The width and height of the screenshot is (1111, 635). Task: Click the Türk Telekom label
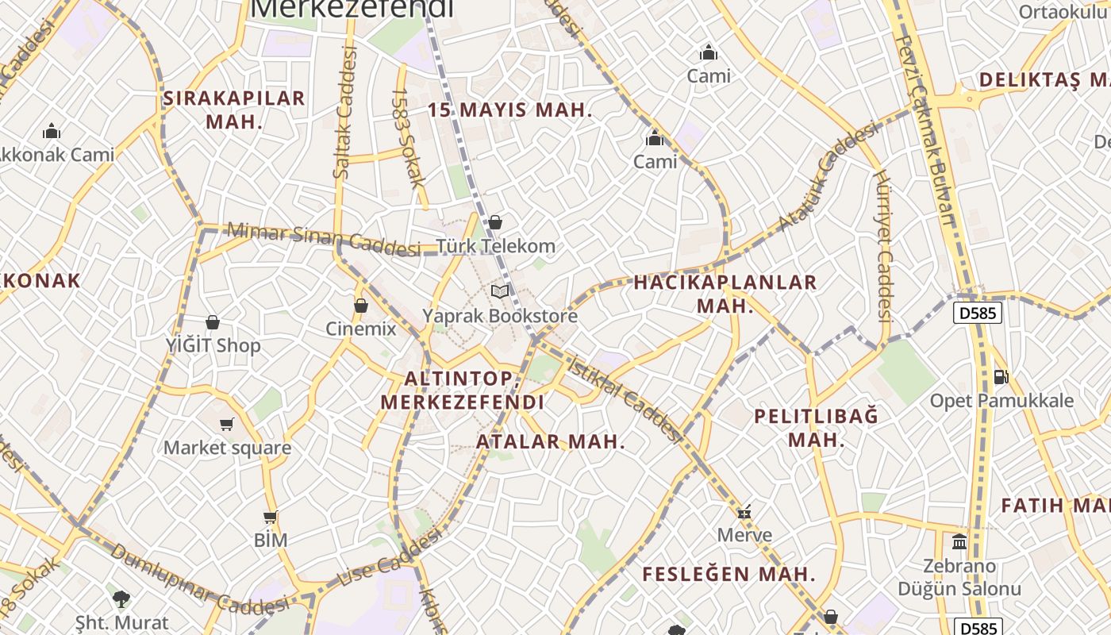pos(495,246)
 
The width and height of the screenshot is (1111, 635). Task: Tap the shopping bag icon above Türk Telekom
pos(495,223)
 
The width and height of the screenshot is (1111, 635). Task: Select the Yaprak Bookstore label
pos(500,316)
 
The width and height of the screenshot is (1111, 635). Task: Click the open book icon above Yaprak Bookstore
pos(500,292)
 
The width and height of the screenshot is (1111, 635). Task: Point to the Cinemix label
pos(360,329)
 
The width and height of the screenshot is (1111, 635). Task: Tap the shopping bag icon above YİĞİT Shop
pos(213,322)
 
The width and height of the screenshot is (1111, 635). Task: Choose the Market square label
pos(227,448)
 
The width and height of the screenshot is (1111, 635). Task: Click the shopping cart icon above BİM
pos(270,518)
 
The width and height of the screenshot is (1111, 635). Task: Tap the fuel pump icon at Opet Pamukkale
pos(1001,377)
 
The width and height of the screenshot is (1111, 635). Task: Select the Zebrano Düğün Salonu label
pos(959,578)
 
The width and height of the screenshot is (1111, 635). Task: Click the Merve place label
pos(744,535)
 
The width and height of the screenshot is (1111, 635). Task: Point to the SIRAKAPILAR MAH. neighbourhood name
pos(234,110)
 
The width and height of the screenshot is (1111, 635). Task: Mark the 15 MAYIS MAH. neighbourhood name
pos(510,110)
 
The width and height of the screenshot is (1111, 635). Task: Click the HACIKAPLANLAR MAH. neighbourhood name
pos(725,294)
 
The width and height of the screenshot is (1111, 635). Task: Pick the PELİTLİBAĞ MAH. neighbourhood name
pos(817,428)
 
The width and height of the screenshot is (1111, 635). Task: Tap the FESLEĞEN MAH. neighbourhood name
pos(728,574)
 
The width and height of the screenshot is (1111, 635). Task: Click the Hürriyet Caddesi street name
pos(884,246)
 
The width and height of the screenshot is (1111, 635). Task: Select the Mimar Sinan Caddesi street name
pos(323,239)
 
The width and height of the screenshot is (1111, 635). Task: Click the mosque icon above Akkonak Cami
pos(52,131)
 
